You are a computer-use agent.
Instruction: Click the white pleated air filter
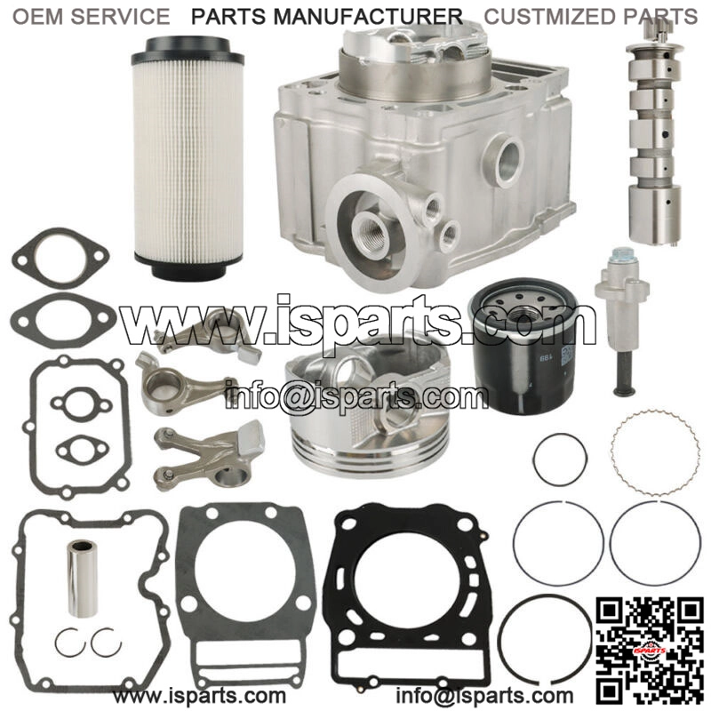click(x=188, y=158)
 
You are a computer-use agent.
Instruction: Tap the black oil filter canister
click(x=523, y=345)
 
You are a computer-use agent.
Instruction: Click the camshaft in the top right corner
click(x=654, y=132)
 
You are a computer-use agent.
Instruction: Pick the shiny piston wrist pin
click(x=82, y=579)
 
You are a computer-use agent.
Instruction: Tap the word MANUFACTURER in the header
click(x=368, y=17)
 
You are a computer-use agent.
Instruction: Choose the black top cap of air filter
click(x=188, y=50)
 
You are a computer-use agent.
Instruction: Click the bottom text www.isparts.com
click(x=199, y=695)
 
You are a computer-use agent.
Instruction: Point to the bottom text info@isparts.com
click(x=484, y=695)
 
